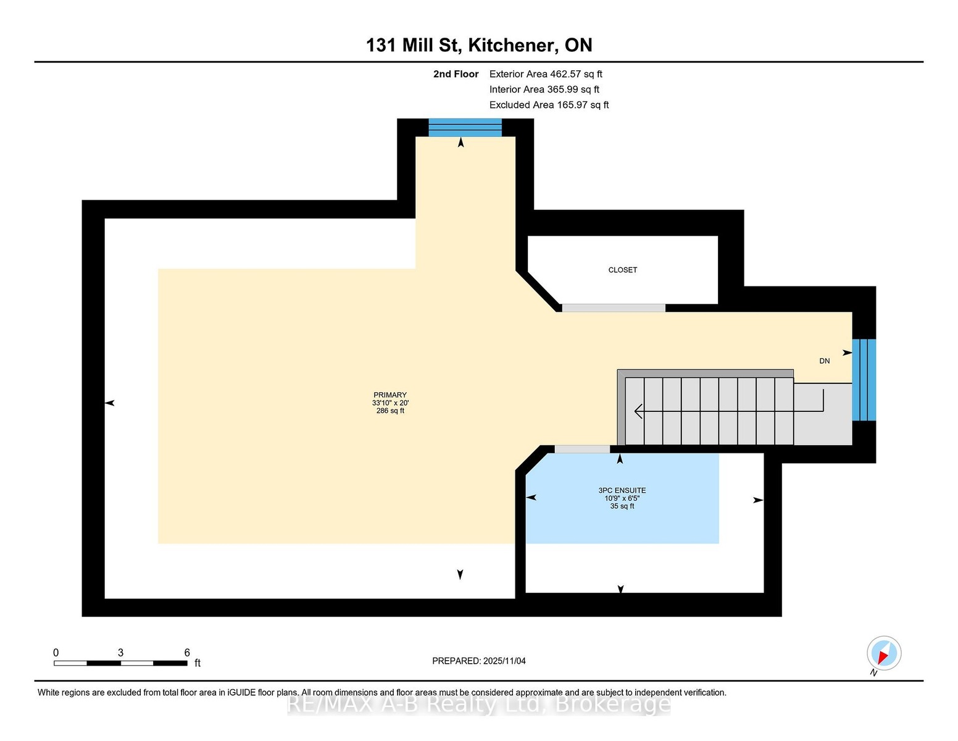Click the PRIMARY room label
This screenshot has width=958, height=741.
click(x=389, y=395)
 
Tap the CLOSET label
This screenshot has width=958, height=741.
click(x=622, y=270)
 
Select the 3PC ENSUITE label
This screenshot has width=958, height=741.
click(x=622, y=490)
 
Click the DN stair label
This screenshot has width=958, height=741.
click(x=825, y=361)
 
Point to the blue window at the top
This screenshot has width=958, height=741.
click(x=465, y=127)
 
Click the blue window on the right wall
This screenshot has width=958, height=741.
click(x=864, y=380)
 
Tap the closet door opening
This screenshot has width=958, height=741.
click(x=613, y=308)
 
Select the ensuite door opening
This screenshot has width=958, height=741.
click(x=582, y=449)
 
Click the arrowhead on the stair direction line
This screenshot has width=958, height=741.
click(x=638, y=411)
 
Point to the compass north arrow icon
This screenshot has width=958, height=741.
click(x=883, y=653)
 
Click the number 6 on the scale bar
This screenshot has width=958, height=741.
click(x=187, y=653)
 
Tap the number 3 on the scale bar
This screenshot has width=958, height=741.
click(x=120, y=653)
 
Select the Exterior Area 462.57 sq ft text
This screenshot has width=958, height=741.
click(x=546, y=74)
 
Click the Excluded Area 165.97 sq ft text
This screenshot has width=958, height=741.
click(x=549, y=105)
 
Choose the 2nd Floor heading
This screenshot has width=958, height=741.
click(x=456, y=74)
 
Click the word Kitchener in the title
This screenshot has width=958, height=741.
click(x=511, y=45)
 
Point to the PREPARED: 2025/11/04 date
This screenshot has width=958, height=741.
click(x=479, y=661)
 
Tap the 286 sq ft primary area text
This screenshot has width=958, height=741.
click(x=390, y=411)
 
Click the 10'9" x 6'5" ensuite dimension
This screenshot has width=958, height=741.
click(x=622, y=498)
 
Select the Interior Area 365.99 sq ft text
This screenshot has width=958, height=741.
click(x=544, y=90)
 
